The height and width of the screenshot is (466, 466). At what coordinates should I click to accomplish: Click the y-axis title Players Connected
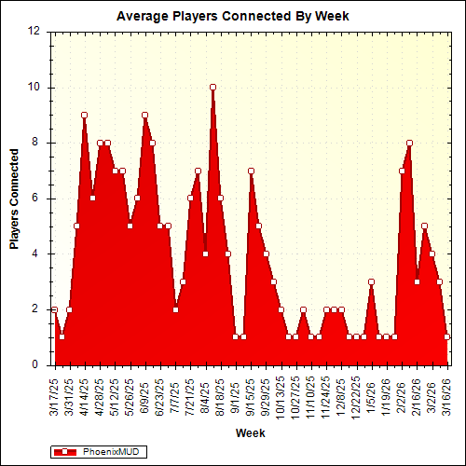15,197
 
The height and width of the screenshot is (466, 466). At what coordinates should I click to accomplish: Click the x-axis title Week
250,433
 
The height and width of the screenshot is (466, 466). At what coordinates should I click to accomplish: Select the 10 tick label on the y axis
34,87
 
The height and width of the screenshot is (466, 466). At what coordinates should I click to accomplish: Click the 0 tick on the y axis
37,364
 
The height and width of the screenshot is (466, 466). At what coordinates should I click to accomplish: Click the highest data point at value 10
212,87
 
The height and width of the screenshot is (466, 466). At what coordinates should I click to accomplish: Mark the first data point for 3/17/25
54,309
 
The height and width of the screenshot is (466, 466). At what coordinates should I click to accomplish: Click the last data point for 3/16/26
447,336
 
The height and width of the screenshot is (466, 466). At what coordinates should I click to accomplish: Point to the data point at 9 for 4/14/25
84,115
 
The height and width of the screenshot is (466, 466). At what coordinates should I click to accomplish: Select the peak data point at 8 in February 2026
409,143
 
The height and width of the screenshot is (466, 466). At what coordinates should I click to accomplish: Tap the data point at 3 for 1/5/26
371,281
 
